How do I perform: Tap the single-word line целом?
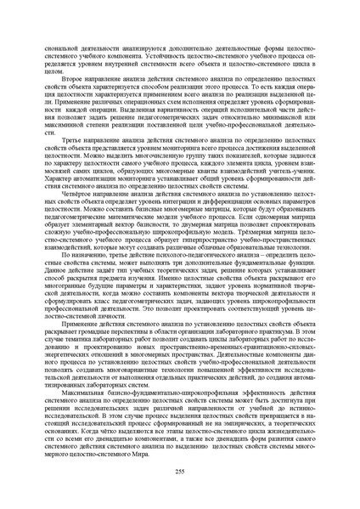click(56, 72)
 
